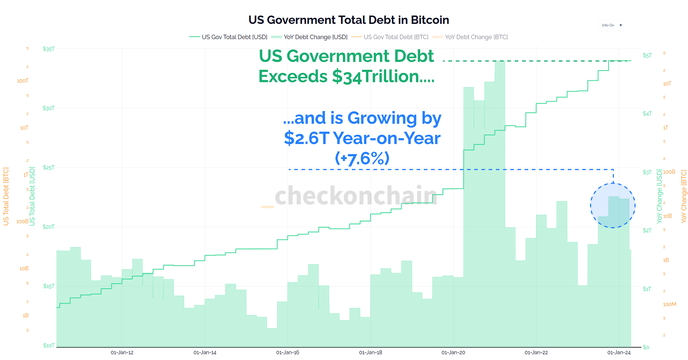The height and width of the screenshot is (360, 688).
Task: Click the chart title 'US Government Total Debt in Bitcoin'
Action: [348, 20]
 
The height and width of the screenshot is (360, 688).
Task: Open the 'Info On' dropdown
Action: [611, 25]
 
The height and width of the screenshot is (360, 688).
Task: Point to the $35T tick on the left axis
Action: [48, 49]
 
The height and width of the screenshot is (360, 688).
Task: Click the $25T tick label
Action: [48, 168]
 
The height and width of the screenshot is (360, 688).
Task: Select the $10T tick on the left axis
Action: [48, 345]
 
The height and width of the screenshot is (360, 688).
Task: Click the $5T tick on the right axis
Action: [647, 55]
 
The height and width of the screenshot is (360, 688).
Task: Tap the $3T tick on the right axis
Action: [647, 172]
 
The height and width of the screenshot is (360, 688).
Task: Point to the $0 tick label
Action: [646, 347]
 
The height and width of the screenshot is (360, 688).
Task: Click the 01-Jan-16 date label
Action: [288, 353]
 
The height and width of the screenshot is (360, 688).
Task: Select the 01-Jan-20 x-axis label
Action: [453, 353]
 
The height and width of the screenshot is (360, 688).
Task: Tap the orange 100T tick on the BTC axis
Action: [23, 81]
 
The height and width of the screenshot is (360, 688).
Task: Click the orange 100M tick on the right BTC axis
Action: [669, 304]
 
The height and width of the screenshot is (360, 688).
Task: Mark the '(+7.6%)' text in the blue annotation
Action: [362, 158]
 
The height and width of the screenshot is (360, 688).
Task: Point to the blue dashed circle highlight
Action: [613, 205]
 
